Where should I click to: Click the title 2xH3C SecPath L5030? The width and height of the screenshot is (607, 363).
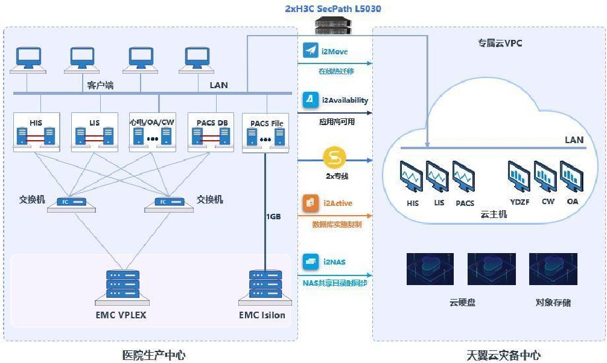tap(333, 8)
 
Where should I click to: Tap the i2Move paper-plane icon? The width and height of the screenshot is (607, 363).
tap(311, 51)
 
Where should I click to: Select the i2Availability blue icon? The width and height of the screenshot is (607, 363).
tap(311, 100)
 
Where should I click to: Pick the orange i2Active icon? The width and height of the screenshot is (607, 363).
tap(311, 203)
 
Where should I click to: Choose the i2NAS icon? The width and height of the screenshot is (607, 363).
tap(311, 262)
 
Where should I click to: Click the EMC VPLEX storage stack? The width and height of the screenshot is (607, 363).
tap(122, 285)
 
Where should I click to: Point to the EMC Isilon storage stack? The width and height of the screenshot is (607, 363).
tap(265, 285)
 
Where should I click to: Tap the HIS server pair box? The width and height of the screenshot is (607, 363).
tap(36, 132)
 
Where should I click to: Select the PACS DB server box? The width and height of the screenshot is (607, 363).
tap(211, 132)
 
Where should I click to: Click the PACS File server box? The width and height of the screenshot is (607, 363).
tap(266, 132)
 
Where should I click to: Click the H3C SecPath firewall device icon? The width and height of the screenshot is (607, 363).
tap(333, 25)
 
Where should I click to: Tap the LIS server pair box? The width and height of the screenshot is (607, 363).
tap(95, 132)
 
